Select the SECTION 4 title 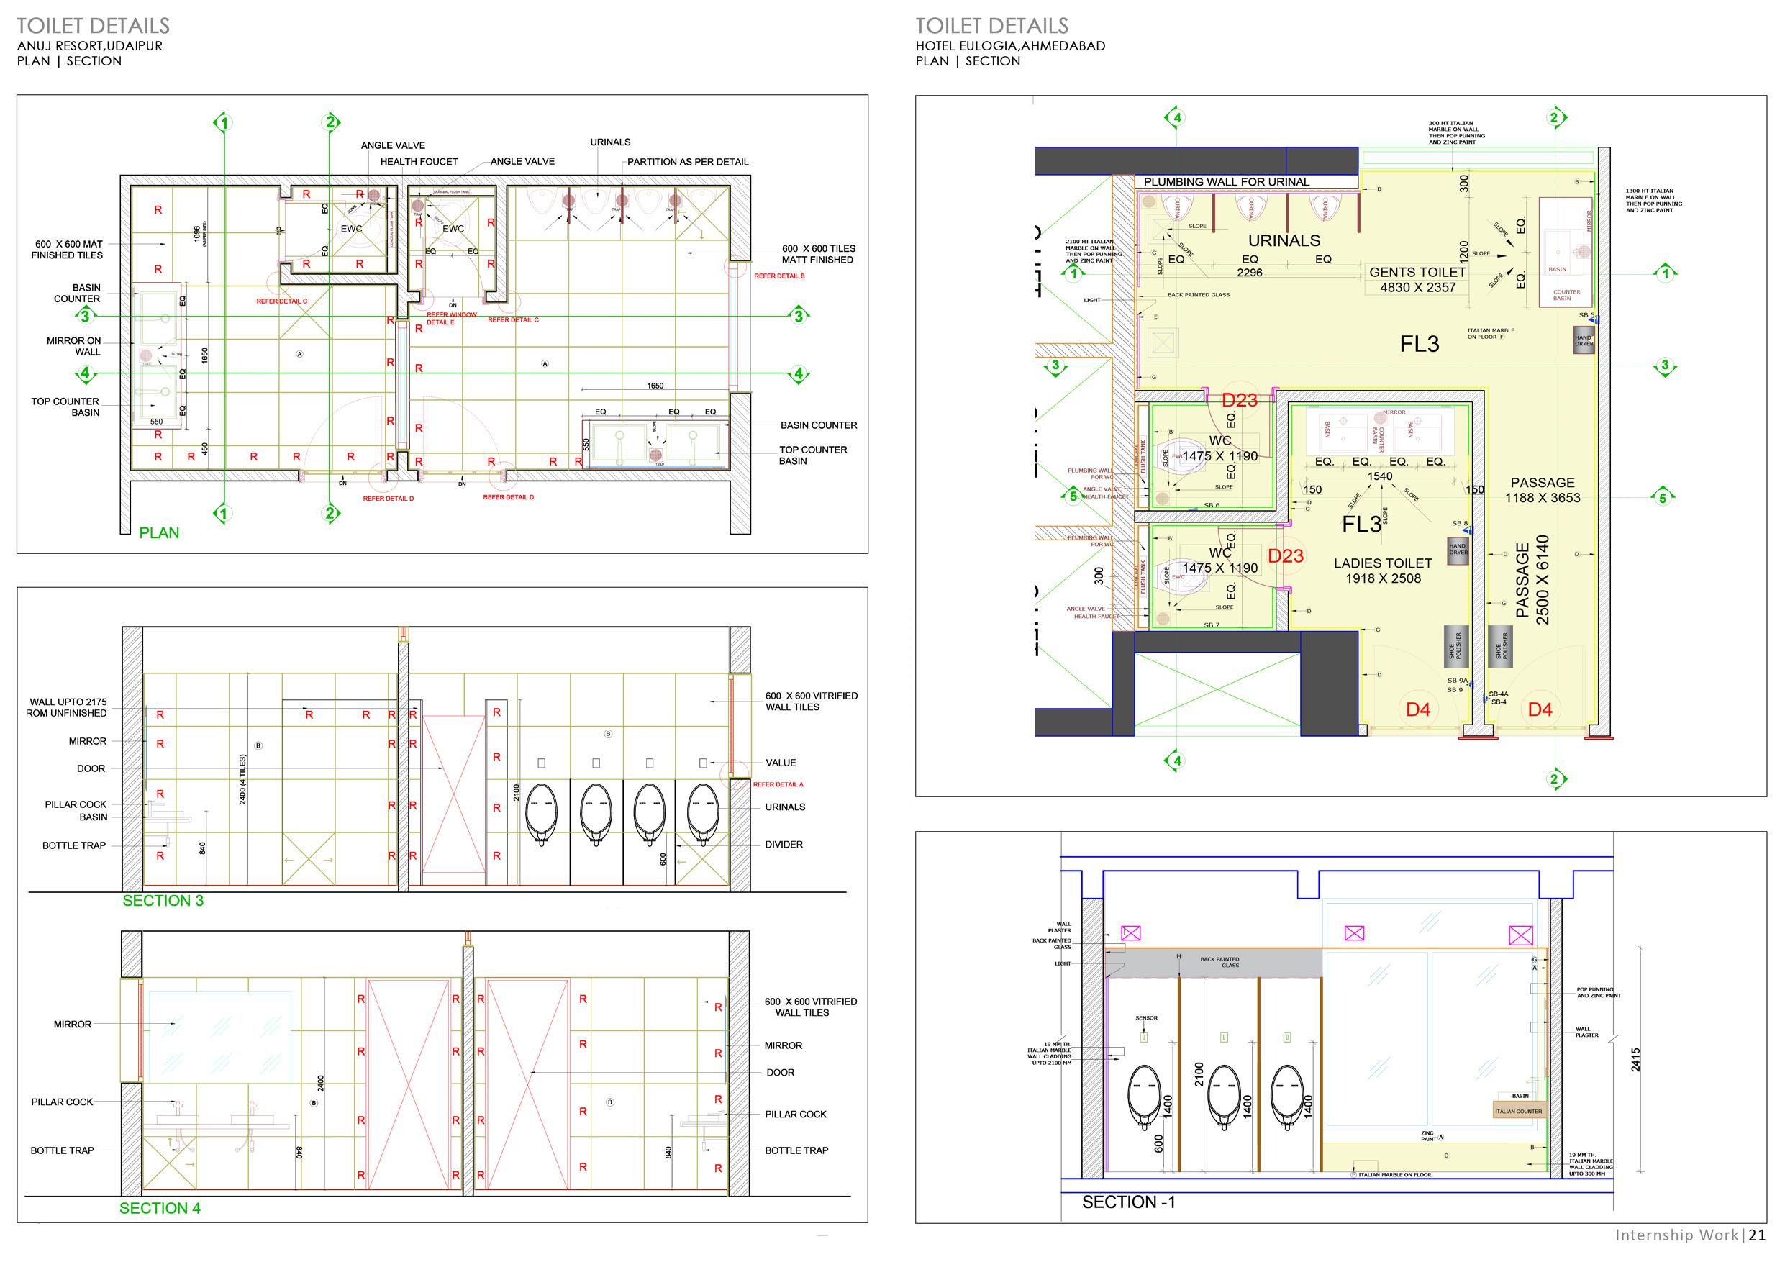point(160,1207)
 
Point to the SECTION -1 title point(1128,1202)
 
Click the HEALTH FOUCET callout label point(418,162)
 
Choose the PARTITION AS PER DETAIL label point(687,162)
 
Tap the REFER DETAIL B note point(779,276)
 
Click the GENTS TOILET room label point(1417,272)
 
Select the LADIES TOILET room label point(1382,563)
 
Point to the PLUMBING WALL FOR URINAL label point(1226,182)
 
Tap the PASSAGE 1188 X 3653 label point(1543,490)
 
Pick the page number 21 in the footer point(1757,1235)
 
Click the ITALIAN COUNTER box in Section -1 point(1518,1111)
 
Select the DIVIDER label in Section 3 point(784,845)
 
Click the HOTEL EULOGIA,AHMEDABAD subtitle point(1010,46)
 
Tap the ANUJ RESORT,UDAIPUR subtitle point(90,46)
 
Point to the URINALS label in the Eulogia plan point(1284,241)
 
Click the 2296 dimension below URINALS point(1249,273)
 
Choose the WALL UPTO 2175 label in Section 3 point(68,702)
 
